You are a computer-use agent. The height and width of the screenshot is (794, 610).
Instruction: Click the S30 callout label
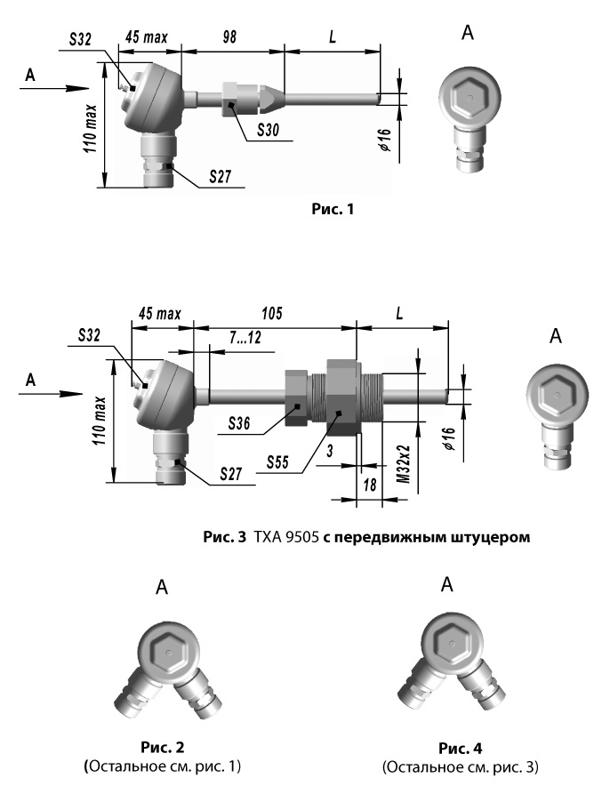[268, 130]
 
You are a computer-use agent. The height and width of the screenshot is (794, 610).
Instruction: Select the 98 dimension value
[229, 37]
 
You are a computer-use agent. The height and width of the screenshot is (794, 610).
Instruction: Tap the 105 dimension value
[272, 314]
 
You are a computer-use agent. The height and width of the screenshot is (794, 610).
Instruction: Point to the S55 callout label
[277, 461]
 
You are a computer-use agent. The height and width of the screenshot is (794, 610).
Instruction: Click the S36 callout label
[239, 423]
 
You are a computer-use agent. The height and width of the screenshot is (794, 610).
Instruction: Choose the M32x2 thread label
[403, 464]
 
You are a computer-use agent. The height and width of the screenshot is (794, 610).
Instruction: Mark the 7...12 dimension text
[245, 337]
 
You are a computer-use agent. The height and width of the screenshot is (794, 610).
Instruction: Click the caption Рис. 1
[333, 209]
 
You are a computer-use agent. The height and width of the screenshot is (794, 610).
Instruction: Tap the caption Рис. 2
[163, 747]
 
